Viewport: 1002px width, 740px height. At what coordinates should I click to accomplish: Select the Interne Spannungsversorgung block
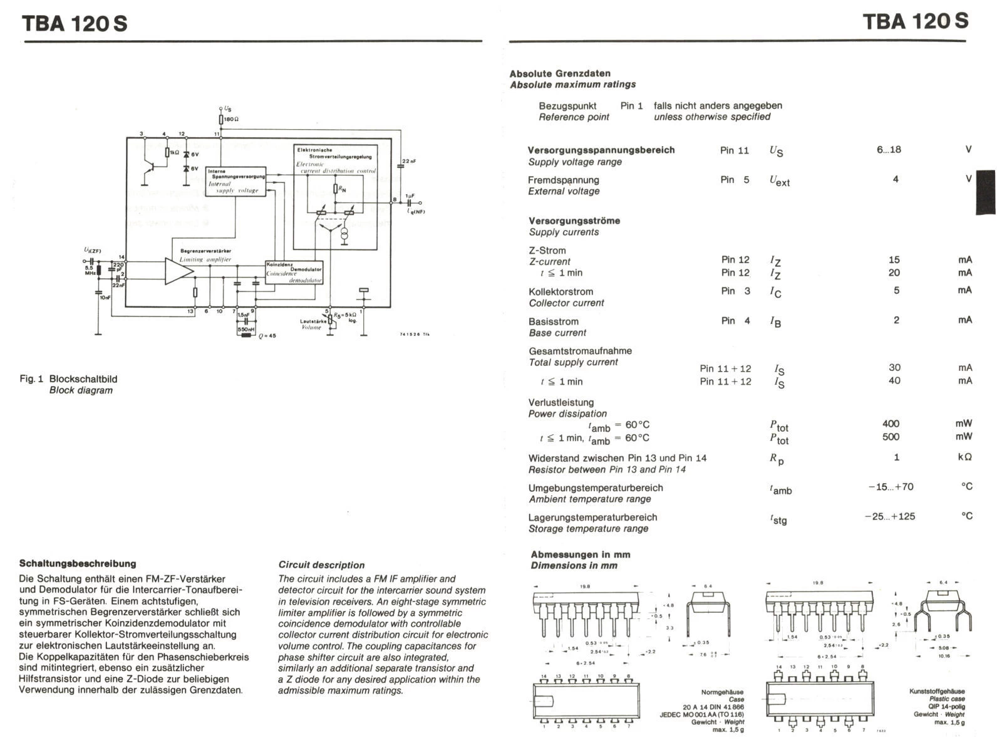coord(236,180)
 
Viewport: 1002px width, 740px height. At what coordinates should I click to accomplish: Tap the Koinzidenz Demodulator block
coord(294,273)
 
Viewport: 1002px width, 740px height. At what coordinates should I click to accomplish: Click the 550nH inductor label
coord(246,329)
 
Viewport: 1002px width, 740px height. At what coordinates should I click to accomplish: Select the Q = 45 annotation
coord(267,336)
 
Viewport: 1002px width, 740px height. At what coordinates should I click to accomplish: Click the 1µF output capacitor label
coord(410,195)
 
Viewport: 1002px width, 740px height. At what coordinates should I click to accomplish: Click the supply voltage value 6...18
coord(889,150)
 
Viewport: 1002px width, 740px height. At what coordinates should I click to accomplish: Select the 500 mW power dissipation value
coord(891,437)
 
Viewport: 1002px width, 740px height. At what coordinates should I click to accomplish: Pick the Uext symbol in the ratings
coord(779,180)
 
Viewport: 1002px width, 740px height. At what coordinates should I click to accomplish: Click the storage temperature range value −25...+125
coord(889,516)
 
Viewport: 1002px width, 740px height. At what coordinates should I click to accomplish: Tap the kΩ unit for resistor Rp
coord(964,457)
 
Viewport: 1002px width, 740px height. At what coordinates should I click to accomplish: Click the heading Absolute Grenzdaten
coord(559,73)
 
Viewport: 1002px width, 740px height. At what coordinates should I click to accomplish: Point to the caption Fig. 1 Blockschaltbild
coord(69,379)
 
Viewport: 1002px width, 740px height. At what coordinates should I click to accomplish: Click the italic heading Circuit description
coord(321,565)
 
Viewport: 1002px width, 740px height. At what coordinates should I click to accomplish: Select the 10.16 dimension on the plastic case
coord(943,656)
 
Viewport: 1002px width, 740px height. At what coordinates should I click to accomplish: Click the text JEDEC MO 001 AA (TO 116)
coord(701,714)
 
